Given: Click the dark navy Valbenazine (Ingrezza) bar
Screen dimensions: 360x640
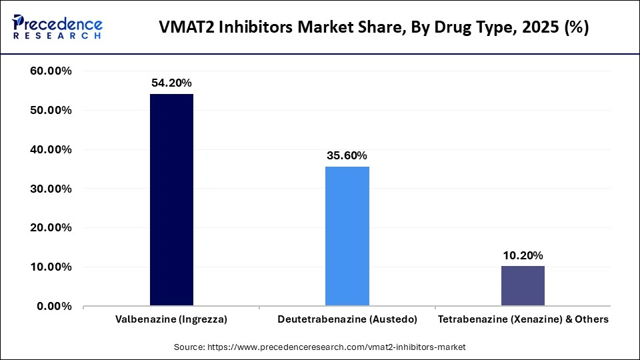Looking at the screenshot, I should tap(171, 200).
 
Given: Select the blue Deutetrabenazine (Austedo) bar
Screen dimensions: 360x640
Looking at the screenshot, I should tap(347, 236).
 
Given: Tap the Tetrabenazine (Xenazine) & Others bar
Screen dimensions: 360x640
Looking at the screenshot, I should tap(523, 286).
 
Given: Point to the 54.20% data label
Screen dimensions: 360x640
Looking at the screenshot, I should tap(171, 83).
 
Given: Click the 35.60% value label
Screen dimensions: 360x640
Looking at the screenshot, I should tap(347, 156).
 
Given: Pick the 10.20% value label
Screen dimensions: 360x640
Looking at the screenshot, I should tap(523, 255).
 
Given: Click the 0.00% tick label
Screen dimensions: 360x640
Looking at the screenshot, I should tap(55, 307).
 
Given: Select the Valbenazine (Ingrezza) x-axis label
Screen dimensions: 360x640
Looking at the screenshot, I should tap(171, 319).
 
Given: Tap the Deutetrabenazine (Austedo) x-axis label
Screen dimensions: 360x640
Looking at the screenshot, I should tap(347, 319).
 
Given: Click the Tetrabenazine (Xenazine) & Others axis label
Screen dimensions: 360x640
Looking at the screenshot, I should tap(523, 319).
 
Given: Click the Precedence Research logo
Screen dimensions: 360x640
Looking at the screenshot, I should tap(57, 27).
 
